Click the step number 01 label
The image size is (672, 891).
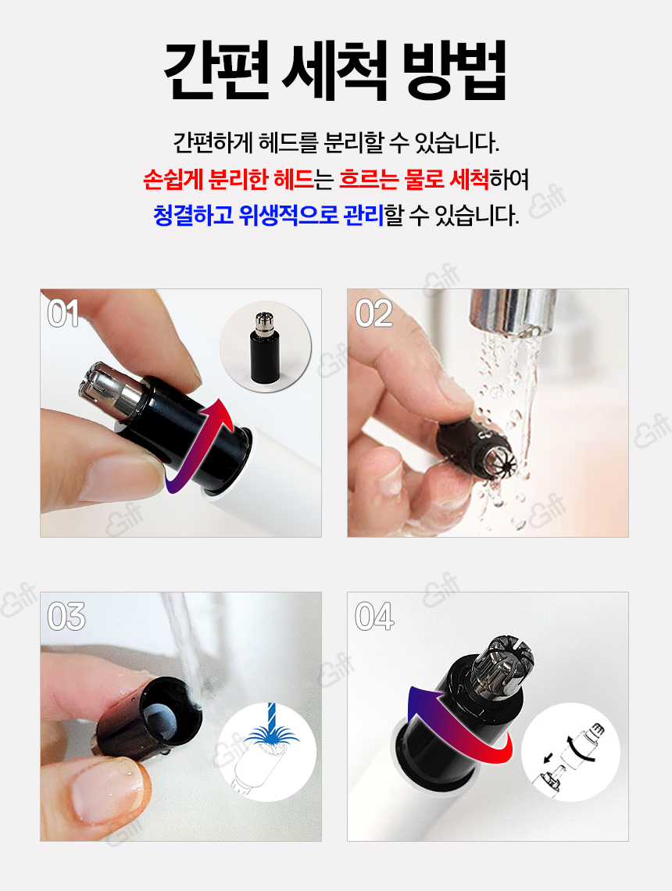tap(63, 313)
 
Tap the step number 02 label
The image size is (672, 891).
tap(374, 313)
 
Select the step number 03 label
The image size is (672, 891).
tap(66, 617)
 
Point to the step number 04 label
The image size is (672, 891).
tap(374, 617)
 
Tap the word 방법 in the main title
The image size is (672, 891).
tap(455, 71)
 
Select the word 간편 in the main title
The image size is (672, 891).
tap(216, 71)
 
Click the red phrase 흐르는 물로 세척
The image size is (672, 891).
tap(414, 180)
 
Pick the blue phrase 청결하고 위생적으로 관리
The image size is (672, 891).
tap(269, 216)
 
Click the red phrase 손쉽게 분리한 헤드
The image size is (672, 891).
tap(228, 180)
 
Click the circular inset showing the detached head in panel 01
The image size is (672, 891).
tap(265, 346)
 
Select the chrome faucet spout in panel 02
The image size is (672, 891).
tap(513, 313)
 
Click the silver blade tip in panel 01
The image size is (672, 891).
tap(109, 388)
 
